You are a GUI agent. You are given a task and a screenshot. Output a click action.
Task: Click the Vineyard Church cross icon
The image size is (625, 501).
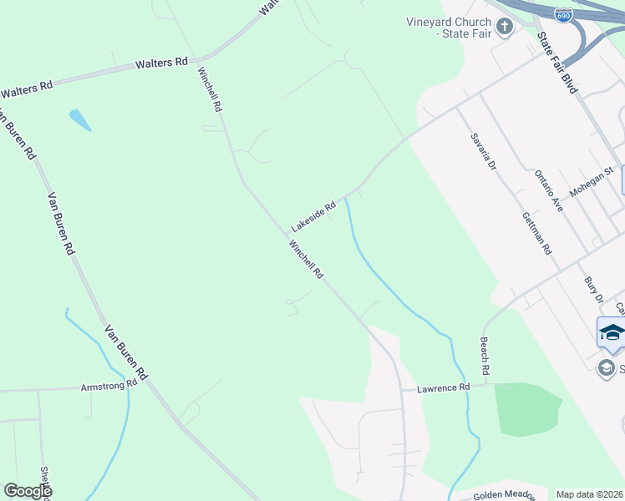pyautogui.click(x=504, y=28)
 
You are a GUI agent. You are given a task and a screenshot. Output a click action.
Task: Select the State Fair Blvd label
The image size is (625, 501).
pyautogui.click(x=557, y=63)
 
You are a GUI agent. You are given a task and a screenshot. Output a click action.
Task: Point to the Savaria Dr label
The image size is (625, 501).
pyautogui.click(x=483, y=151)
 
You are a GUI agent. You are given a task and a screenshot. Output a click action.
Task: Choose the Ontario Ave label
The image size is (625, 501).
pyautogui.click(x=549, y=191)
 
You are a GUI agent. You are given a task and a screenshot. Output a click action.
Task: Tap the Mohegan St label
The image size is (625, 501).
pyautogui.click(x=592, y=181)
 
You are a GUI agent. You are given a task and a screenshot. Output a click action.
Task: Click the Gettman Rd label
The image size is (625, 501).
pyautogui.click(x=536, y=232)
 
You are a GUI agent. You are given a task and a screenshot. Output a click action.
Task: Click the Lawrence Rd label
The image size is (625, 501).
pyautogui.click(x=444, y=387)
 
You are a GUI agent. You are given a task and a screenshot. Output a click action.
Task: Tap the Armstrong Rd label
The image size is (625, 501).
pyautogui.click(x=109, y=386)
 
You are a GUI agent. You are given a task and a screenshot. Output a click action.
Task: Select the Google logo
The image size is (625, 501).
pyautogui.click(x=28, y=491)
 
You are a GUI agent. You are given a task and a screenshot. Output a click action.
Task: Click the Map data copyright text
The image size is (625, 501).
pyautogui.click(x=589, y=494)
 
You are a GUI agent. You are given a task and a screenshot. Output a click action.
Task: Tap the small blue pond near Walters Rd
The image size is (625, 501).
pyautogui.click(x=80, y=120)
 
